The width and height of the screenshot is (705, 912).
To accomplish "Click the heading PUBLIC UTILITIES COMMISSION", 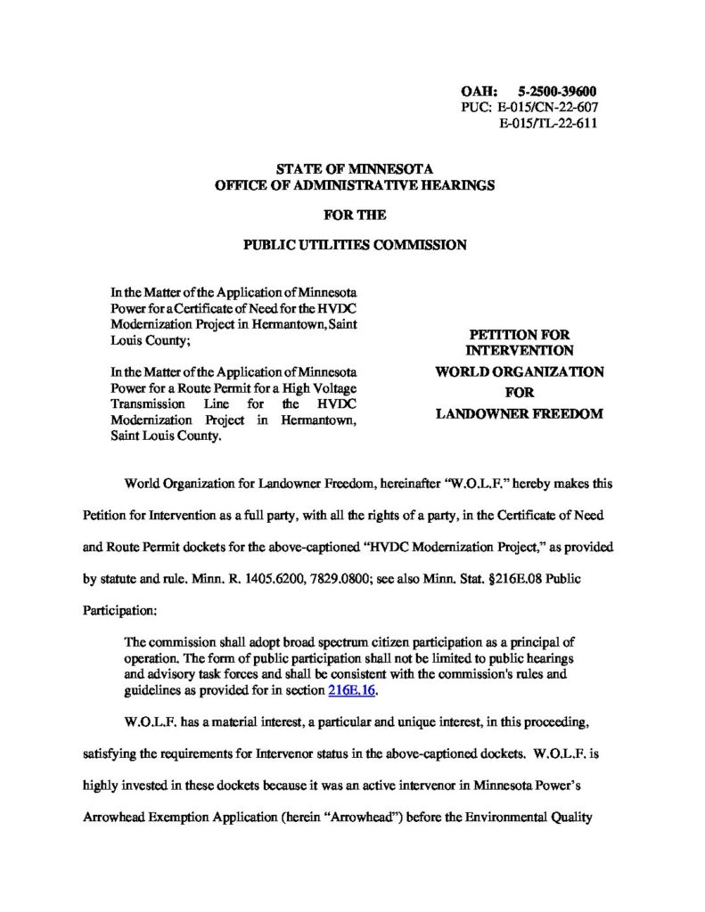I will [x=355, y=246].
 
